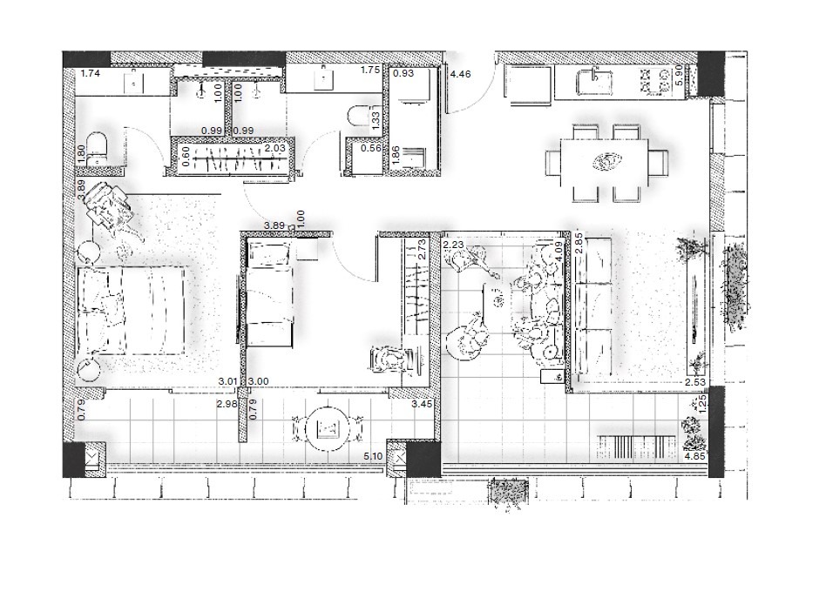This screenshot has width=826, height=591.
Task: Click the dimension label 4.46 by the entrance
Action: click(460, 74)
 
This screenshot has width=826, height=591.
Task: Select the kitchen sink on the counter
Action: click(595, 82)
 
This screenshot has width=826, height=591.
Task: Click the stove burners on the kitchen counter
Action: click(654, 82)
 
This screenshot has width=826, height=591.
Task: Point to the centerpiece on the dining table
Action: click(606, 162)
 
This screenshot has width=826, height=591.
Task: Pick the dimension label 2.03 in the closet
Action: click(274, 149)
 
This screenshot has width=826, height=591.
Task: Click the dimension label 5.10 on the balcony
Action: click(373, 456)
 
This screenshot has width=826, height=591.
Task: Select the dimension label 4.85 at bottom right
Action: click(694, 456)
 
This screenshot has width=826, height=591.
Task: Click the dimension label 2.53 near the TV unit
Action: click(694, 383)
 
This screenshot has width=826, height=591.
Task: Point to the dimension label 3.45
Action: click(422, 404)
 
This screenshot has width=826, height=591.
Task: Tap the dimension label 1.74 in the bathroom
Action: click(90, 74)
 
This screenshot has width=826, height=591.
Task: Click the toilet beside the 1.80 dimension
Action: click(97, 147)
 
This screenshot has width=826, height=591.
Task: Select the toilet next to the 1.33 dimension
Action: click(359, 117)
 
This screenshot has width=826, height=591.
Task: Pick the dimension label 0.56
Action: click(371, 149)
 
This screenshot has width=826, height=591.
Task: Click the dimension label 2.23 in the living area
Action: click(453, 245)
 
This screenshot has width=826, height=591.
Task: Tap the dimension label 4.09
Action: click(559, 252)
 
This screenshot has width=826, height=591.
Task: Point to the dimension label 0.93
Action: click(403, 74)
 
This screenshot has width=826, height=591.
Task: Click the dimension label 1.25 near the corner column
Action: click(703, 404)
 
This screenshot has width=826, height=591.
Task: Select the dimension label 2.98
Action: click(227, 404)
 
